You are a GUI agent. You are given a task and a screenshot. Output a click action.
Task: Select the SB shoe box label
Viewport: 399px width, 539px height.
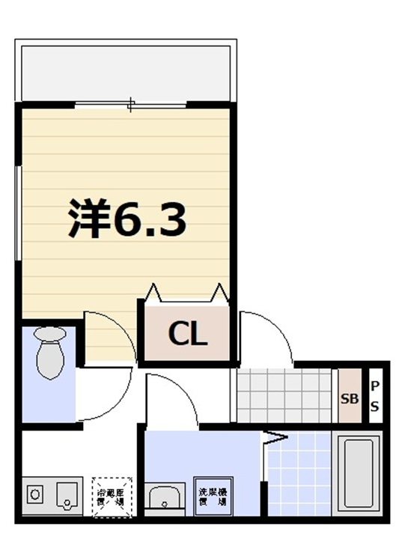350,398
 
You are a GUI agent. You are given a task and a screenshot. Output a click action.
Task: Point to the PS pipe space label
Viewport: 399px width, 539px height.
375,396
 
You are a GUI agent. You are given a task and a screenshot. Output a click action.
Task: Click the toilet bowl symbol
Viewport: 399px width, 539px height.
50,355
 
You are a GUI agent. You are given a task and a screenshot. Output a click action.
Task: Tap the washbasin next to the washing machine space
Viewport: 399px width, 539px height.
165,496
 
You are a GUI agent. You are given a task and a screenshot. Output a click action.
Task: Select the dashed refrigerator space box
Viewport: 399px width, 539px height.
111,495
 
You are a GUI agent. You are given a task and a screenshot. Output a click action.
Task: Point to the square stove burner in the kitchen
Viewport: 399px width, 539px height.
35,495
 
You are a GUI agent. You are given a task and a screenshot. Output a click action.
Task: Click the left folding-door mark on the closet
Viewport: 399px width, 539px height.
153,293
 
